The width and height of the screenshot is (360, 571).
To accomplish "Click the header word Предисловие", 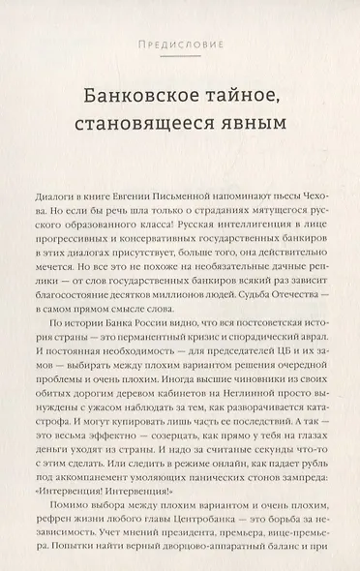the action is pyautogui.click(x=179, y=45).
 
